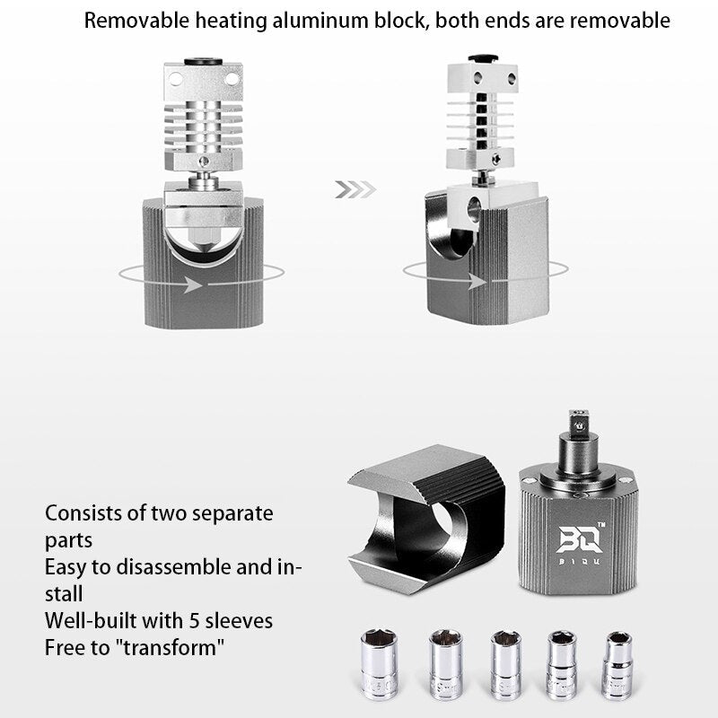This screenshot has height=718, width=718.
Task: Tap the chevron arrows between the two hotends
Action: pos(355,189)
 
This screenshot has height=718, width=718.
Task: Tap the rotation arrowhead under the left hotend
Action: pos(192,285)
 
